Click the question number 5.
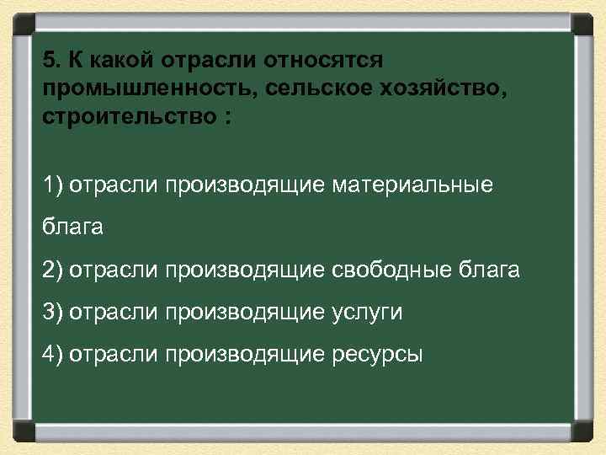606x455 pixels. pyautogui.click(x=50, y=61)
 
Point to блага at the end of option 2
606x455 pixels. pyautogui.click(x=490, y=270)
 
